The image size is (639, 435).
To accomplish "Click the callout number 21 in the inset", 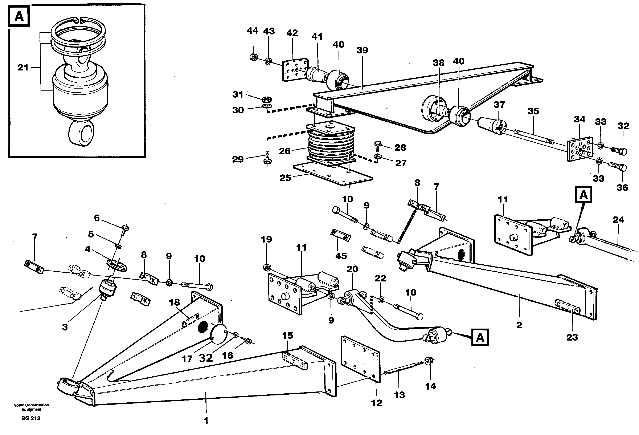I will point(23,67).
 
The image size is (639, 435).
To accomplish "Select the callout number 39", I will point(362,50).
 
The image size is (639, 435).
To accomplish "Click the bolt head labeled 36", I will point(623,168).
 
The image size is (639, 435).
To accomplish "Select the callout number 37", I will point(499,105).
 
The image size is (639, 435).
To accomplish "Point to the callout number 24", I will point(618,220).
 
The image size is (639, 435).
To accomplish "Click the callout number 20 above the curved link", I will point(352,269).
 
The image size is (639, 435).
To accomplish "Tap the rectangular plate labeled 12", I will point(360,359).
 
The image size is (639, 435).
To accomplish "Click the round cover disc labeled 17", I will point(219,334).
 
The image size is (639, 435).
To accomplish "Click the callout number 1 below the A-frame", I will point(206,421).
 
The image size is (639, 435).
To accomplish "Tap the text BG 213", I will point(31,418).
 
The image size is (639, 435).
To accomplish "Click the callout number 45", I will point(341,256).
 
